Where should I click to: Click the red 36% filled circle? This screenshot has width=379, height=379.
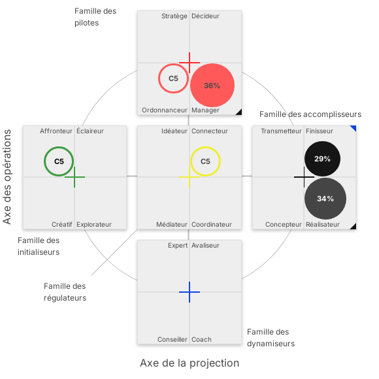[x=212, y=85]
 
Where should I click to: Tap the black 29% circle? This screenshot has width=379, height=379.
[x=322, y=159]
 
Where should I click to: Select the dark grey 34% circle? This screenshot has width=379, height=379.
[x=325, y=199]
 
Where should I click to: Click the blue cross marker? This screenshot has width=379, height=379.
[x=189, y=292]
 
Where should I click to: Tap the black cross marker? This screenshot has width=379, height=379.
[x=304, y=177]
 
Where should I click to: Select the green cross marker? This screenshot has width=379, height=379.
[x=74, y=177]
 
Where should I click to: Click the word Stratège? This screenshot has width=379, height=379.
[x=174, y=16]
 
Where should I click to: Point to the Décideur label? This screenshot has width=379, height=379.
[x=205, y=16]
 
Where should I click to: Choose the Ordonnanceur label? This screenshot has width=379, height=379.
[x=165, y=110]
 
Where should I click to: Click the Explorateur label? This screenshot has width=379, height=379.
[x=94, y=225]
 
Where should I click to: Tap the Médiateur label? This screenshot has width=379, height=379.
[x=172, y=225]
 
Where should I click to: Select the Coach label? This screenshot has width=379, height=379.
[x=201, y=340]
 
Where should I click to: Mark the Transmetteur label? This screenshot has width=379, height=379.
[x=281, y=131]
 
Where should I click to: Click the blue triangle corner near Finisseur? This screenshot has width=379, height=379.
[x=354, y=128]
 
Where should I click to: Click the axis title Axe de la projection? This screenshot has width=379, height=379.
[x=189, y=363]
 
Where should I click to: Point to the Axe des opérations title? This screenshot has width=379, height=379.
[x=7, y=176]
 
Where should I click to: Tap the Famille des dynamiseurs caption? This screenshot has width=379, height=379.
[x=271, y=338]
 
